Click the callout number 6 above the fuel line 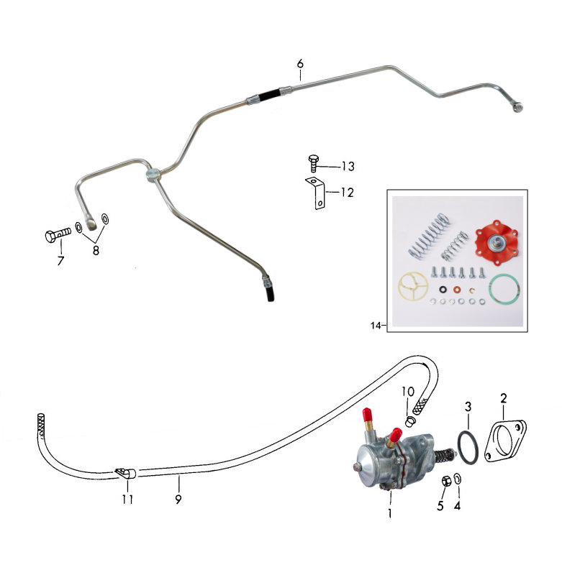click(x=300, y=64)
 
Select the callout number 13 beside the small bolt click(x=348, y=167)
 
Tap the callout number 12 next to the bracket click(x=348, y=193)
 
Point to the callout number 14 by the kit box click(x=376, y=326)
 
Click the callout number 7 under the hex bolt click(x=60, y=260)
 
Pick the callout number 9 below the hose click(x=178, y=499)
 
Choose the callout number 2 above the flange click(x=503, y=398)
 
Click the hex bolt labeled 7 click(x=58, y=235)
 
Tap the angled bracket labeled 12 click(x=315, y=193)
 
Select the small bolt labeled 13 click(x=313, y=163)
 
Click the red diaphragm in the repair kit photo click(x=497, y=242)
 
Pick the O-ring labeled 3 click(x=468, y=448)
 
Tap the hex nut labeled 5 click(x=445, y=481)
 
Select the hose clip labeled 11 click(x=125, y=473)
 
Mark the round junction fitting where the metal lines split click(x=153, y=174)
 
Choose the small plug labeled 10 click(x=410, y=421)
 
